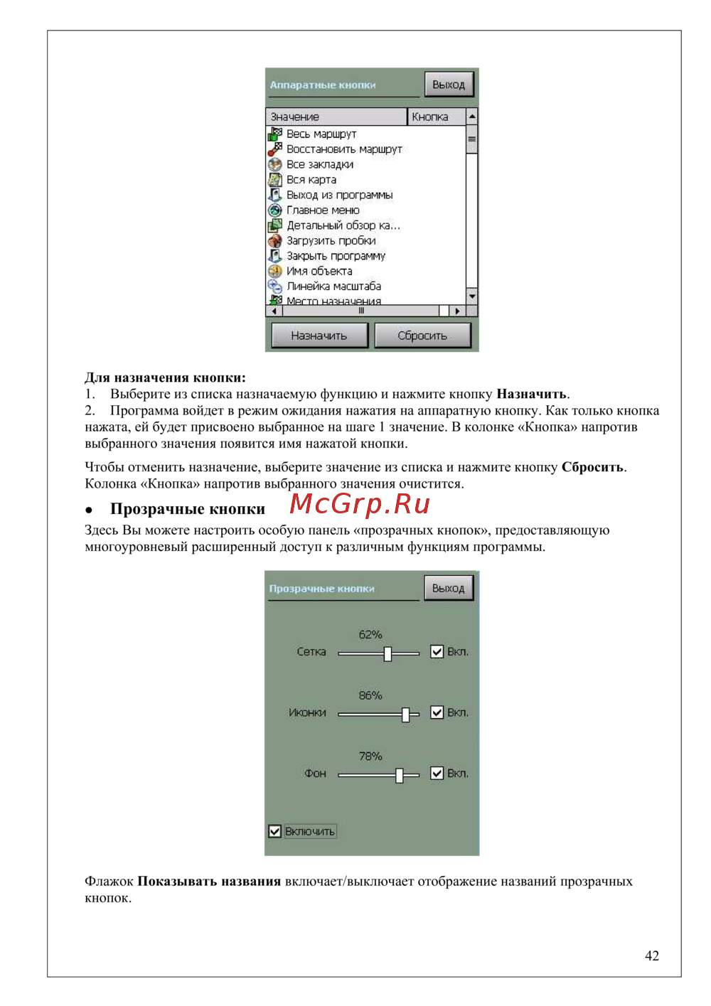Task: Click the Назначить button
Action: point(319,336)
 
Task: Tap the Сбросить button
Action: point(422,336)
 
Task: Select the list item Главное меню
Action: point(323,210)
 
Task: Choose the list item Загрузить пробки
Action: point(331,241)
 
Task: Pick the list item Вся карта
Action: point(311,180)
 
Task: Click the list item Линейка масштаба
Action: point(333,287)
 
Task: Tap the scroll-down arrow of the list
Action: point(471,295)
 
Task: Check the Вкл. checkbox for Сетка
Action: point(437,652)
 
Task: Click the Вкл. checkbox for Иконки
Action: point(437,712)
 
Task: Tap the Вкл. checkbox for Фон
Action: point(437,774)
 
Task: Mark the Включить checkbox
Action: point(275,831)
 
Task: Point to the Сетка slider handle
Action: point(387,653)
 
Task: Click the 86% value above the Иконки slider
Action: point(370,695)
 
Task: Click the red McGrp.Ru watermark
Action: point(360,504)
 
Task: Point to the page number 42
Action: point(651,956)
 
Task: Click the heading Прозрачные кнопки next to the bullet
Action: point(187,509)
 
